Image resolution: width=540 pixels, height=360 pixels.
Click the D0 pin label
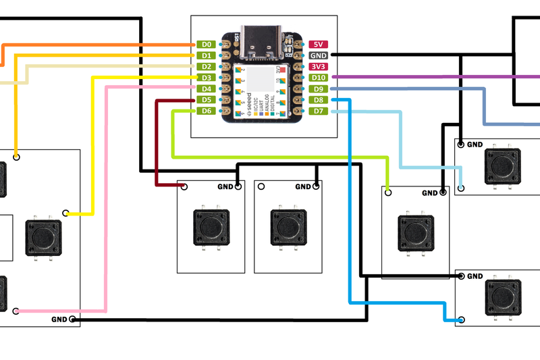click(207, 45)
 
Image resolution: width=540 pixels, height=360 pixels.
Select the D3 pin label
click(207, 78)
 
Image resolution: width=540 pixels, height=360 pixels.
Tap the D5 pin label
click(207, 100)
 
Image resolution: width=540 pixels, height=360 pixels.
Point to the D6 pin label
click(207, 111)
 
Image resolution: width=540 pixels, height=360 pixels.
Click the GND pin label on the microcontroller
click(319, 55)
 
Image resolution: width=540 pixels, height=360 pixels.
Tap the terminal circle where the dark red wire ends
click(184, 186)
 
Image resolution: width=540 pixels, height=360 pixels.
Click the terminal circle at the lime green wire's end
click(388, 192)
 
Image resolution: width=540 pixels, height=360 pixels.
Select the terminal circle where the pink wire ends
click(16, 311)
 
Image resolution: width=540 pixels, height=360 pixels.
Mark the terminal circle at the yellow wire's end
click(66, 213)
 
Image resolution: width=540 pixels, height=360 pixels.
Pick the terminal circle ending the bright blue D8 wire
click(461, 320)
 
